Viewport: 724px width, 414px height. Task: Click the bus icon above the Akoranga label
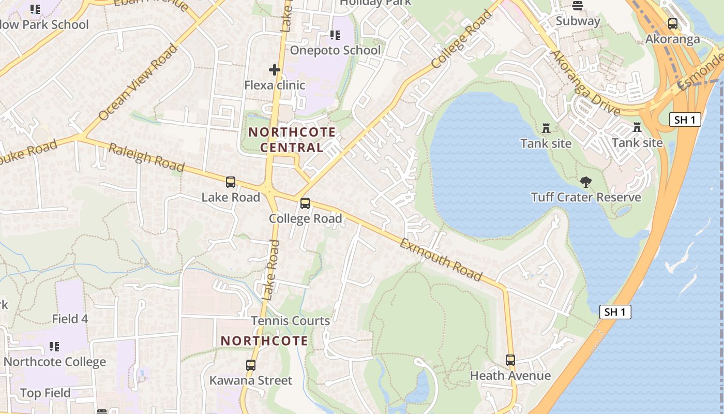[x=672, y=24]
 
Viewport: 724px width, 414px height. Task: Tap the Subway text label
[x=578, y=21]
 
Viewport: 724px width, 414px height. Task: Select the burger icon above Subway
[x=578, y=6]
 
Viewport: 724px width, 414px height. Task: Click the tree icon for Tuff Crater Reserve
[x=585, y=182]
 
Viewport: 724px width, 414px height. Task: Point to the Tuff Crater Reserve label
[x=585, y=197]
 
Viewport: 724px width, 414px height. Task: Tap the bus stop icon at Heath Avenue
[x=510, y=360]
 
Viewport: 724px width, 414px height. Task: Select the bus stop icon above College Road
[x=305, y=203]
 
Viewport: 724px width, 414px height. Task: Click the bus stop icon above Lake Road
[x=231, y=182]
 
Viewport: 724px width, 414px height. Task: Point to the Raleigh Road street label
[x=146, y=158]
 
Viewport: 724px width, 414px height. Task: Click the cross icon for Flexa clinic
[x=275, y=69]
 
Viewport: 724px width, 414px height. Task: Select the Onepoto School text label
[x=335, y=50]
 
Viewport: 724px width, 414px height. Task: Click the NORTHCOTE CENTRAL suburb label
[x=292, y=140]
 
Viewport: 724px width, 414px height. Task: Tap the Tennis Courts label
[x=291, y=321]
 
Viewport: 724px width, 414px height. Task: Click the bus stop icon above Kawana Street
[x=251, y=365]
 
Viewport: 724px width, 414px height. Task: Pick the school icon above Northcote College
[x=54, y=347]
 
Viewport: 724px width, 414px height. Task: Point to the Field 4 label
[x=70, y=319]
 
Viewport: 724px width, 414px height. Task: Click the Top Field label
[x=46, y=393]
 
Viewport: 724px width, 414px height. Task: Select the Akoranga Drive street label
[x=585, y=83]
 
